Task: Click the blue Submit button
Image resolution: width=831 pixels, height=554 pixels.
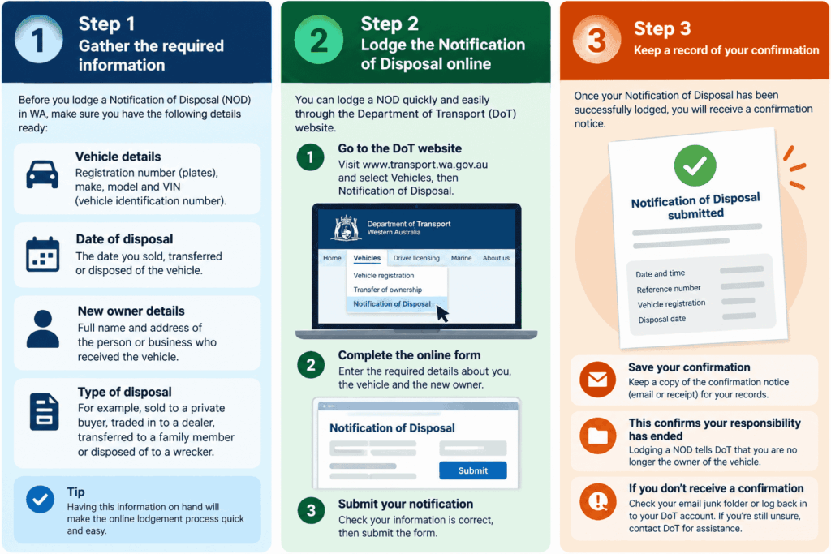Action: (x=473, y=470)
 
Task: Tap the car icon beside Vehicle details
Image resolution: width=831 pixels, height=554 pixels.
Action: (x=42, y=174)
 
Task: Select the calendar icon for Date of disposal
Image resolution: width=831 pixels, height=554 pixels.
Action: (x=42, y=254)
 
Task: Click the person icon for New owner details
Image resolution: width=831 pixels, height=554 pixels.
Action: (x=43, y=329)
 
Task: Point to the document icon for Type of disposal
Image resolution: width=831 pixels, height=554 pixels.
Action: (x=45, y=411)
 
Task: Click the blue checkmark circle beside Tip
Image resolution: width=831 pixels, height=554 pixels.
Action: (x=41, y=499)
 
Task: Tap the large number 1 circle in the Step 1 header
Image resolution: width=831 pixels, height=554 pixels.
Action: (x=39, y=40)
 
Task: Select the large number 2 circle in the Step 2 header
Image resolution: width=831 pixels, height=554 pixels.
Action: (x=319, y=40)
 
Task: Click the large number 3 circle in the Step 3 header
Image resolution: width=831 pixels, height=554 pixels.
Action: (x=596, y=40)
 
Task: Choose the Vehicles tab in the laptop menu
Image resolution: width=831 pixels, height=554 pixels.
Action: (x=367, y=258)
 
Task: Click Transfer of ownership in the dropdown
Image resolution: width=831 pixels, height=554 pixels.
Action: (x=387, y=290)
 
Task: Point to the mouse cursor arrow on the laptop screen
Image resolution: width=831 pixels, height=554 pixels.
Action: (x=441, y=313)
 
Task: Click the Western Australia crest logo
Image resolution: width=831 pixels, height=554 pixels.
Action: (x=347, y=228)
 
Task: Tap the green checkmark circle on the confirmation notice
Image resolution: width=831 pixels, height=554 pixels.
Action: (x=695, y=165)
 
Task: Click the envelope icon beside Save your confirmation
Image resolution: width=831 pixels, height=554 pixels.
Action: (x=598, y=380)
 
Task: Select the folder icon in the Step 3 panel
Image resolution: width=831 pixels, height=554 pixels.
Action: (x=598, y=436)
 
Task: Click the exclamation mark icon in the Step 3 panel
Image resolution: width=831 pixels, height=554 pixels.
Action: (x=598, y=501)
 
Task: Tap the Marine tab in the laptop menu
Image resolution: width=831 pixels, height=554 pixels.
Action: (x=461, y=258)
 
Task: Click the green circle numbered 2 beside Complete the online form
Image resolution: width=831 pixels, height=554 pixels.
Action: (x=311, y=364)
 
